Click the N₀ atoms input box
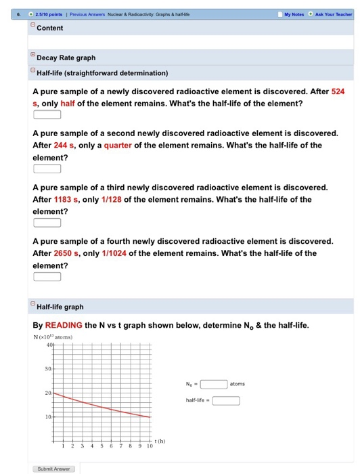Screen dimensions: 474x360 coord(213,383)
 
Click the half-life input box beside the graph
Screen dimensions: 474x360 coord(227,400)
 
